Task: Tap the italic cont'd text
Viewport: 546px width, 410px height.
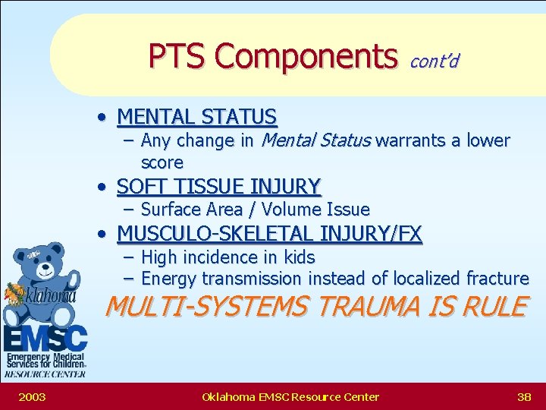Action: (x=434, y=60)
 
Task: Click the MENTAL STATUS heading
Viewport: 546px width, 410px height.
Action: (x=197, y=117)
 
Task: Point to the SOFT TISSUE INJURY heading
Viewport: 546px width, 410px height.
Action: (x=219, y=186)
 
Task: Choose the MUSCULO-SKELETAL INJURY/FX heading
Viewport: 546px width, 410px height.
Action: (x=269, y=234)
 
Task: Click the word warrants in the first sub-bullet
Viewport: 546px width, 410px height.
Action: (x=410, y=140)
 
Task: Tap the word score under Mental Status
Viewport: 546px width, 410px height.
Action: (x=162, y=162)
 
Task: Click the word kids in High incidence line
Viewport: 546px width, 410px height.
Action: (x=297, y=257)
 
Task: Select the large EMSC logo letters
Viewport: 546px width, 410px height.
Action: (x=43, y=336)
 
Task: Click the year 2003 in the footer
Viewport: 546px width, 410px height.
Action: (x=32, y=396)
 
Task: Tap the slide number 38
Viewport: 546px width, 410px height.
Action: (x=523, y=396)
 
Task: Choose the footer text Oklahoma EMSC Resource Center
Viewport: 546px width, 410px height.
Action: (x=290, y=396)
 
